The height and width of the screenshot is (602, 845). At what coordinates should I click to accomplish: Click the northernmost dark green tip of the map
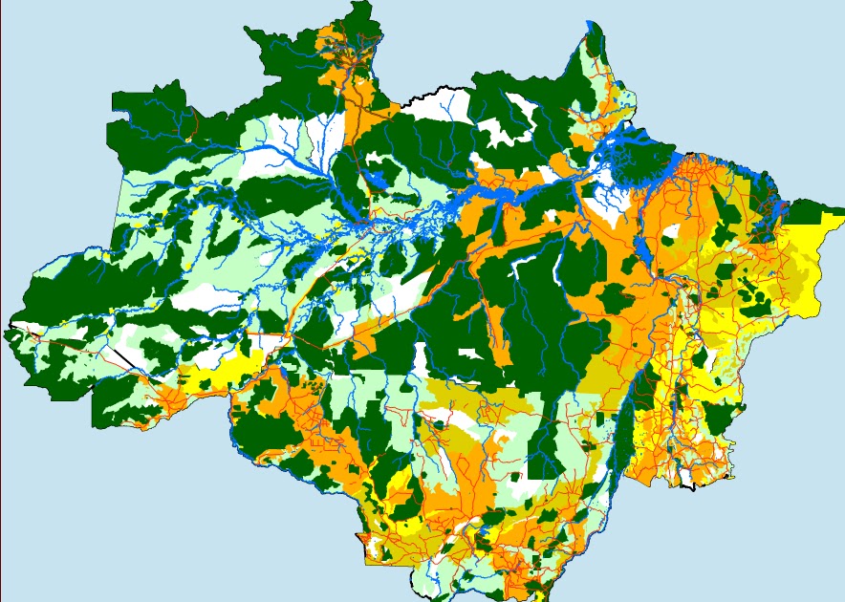[362, 7]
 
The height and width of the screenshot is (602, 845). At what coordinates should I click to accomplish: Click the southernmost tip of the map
[421, 594]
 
